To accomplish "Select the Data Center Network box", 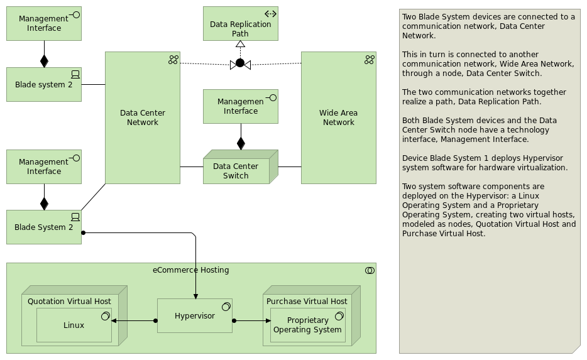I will pyautogui.click(x=143, y=117).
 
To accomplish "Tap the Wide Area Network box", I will pyautogui.click(x=338, y=117).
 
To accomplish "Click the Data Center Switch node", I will pyautogui.click(x=236, y=170).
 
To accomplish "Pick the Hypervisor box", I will pyautogui.click(x=194, y=315).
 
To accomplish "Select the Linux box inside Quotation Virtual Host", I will pyautogui.click(x=74, y=325).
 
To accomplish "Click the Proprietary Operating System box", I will pyautogui.click(x=307, y=325).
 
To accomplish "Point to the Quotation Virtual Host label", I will pyautogui.click(x=69, y=302).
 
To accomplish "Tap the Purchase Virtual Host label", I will pyautogui.click(x=307, y=302).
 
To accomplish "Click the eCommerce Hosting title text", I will pyautogui.click(x=190, y=270).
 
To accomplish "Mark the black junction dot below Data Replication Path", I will pyautogui.click(x=239, y=63).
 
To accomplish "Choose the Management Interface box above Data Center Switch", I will pyautogui.click(x=240, y=106).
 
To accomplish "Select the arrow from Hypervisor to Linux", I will pyautogui.click(x=134, y=321).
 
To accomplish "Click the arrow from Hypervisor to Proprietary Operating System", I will pyautogui.click(x=251, y=321).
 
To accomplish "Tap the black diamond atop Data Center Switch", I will pyautogui.click(x=241, y=143).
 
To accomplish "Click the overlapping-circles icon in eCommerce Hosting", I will pyautogui.click(x=369, y=270).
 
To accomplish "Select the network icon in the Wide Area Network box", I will pyautogui.click(x=369, y=60).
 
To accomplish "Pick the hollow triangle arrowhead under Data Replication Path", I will pyautogui.click(x=239, y=45).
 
